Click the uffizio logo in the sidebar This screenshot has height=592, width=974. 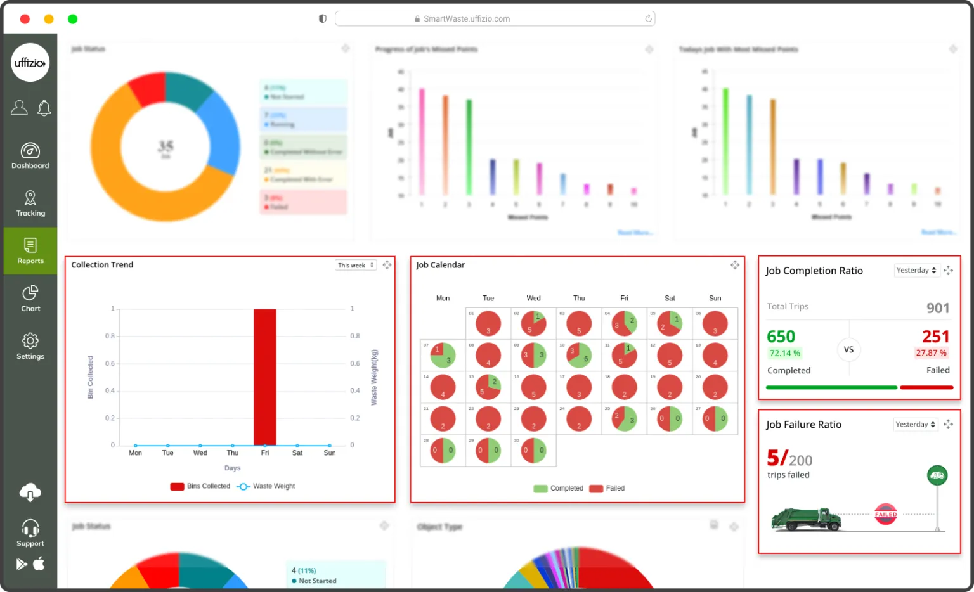click(x=30, y=62)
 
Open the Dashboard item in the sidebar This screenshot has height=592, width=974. click(x=30, y=156)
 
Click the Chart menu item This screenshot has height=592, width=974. click(x=30, y=299)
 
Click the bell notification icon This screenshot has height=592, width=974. click(x=44, y=108)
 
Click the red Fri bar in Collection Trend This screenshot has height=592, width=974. click(x=264, y=377)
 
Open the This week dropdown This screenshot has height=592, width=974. click(x=356, y=266)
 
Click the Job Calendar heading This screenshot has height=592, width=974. click(x=440, y=265)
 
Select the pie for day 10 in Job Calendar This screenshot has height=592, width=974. click(x=579, y=356)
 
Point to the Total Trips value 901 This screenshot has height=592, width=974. click(x=937, y=308)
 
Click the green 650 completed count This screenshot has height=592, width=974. click(x=781, y=337)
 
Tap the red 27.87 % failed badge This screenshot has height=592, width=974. click(x=931, y=353)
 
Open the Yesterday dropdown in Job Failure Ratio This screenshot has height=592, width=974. click(x=916, y=425)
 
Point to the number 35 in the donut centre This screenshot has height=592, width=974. click(x=166, y=146)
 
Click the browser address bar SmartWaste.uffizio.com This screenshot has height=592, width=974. click(x=495, y=19)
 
